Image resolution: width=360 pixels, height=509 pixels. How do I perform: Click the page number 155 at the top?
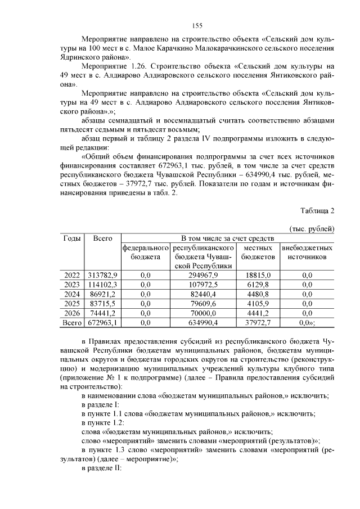point(197,25)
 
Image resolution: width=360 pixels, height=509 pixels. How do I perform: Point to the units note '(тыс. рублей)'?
point(312,229)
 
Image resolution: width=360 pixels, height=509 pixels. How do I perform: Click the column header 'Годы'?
point(72,238)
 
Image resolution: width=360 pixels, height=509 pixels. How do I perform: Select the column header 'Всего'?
point(102,238)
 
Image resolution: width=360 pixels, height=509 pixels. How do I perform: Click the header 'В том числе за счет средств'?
point(227,238)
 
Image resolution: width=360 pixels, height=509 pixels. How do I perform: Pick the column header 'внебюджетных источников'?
point(307,252)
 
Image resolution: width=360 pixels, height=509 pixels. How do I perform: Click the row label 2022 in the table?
point(72,275)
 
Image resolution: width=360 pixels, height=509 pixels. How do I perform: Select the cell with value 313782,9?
point(102,275)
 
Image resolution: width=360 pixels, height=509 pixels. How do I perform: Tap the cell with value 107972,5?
point(203,285)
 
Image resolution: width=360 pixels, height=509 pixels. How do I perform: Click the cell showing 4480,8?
point(258,294)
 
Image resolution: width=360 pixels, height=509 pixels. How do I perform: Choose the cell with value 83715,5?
point(102,304)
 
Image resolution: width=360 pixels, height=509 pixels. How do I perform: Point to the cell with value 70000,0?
point(203,313)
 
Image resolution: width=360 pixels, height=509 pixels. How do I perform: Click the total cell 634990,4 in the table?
point(203,323)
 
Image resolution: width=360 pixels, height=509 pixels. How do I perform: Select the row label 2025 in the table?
point(72,304)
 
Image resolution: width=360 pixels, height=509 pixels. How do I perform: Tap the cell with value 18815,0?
point(258,275)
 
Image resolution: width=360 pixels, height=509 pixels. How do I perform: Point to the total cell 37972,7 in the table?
point(258,323)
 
